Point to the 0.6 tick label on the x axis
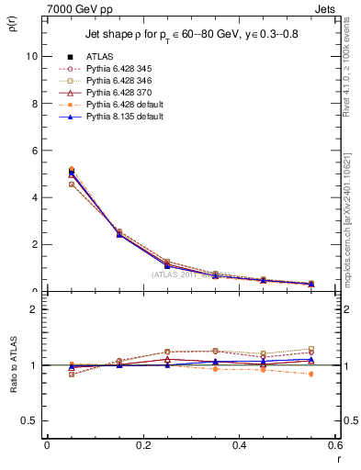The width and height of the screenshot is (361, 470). pyautogui.click(x=335, y=445)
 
